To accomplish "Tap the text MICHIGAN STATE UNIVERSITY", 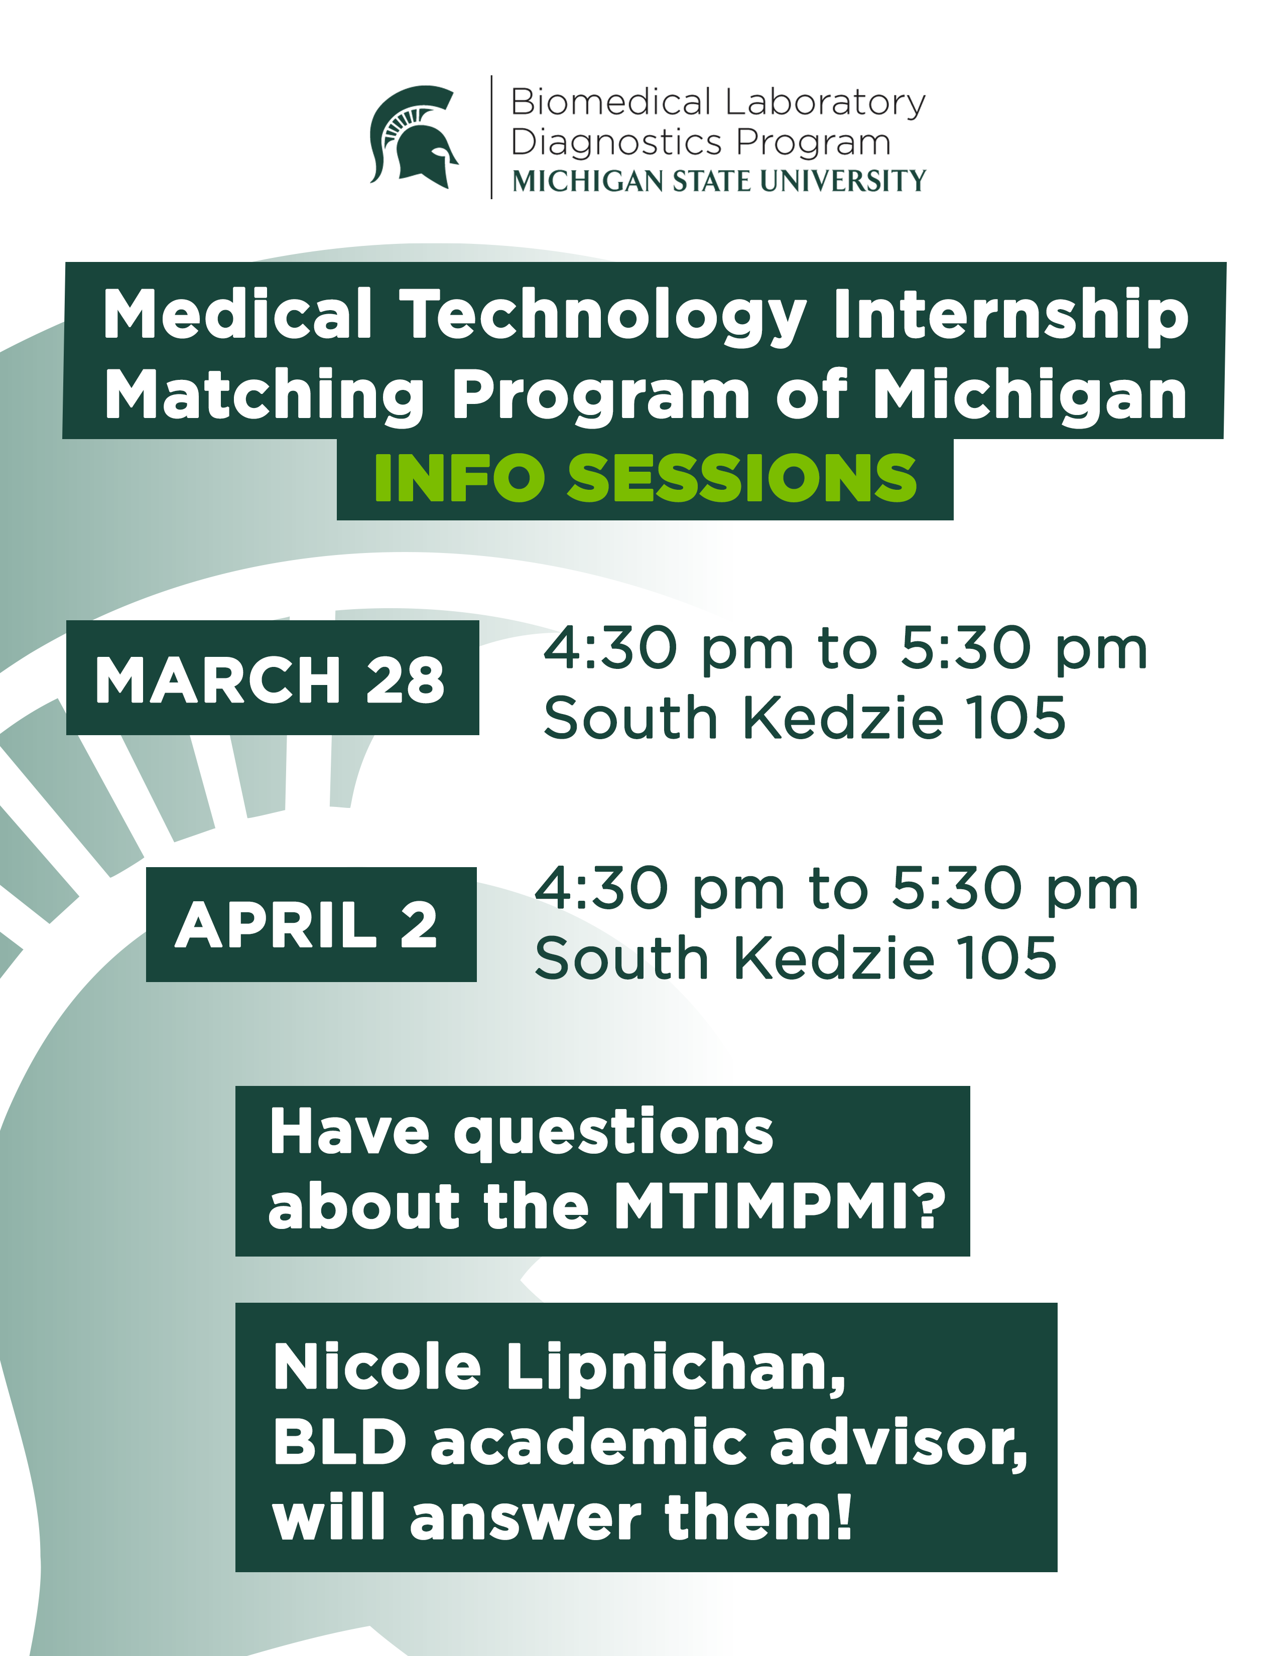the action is pos(719,181).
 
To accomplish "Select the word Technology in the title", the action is pos(603,316).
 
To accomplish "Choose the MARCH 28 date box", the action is pos(272,677).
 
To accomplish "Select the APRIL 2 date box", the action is pos(311,924).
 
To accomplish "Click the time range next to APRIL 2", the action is pos(836,889).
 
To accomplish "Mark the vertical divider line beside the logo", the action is pos(491,137).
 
